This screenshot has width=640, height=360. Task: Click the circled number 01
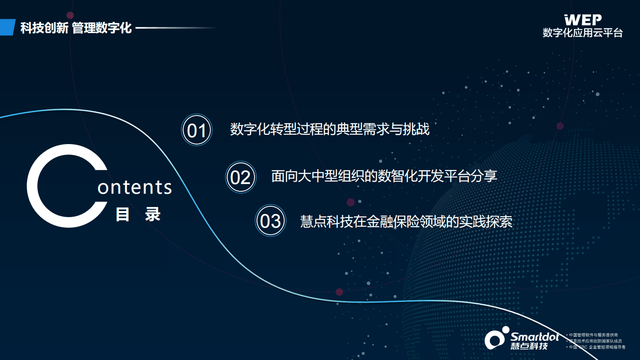coord(197,130)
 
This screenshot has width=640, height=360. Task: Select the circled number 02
coord(241,177)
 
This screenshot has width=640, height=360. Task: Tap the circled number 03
coord(271,221)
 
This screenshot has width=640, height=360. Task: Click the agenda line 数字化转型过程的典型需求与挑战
coord(329,129)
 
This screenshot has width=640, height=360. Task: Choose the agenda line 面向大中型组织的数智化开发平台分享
coord(384,176)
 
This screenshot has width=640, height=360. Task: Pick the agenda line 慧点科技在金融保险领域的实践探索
coord(406,222)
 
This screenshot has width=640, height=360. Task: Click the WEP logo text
coord(583,20)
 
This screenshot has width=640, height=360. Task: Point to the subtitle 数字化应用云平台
coord(583,33)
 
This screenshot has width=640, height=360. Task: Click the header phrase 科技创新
coord(44,28)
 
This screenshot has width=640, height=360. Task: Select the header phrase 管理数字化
coord(102,28)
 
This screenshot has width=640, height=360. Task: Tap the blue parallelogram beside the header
coord(7,27)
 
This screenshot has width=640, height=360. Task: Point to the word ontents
coord(135,187)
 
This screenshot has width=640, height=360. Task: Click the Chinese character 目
coord(123,214)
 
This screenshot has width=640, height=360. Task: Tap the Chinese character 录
coord(153,214)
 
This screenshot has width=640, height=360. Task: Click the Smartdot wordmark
coord(535,337)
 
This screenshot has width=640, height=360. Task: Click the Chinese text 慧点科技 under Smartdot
coord(529,346)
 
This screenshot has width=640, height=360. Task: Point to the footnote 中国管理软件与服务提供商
coord(593,335)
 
